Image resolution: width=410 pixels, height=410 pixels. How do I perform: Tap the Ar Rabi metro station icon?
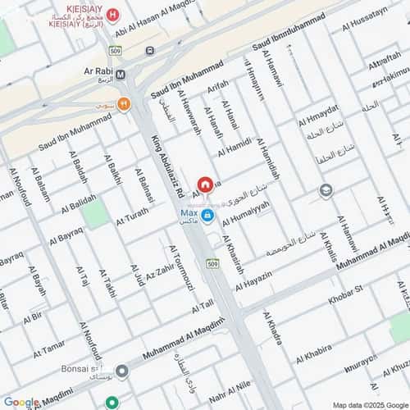(x=121, y=75)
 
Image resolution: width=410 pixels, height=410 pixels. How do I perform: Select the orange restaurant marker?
(x=123, y=103)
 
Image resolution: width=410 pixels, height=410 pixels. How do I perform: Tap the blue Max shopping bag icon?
(x=208, y=216)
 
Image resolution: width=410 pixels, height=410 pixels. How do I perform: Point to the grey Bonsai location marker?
(x=122, y=371)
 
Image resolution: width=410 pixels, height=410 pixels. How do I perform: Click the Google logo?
(x=20, y=402)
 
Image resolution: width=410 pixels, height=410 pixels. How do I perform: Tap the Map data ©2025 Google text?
(x=368, y=404)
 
